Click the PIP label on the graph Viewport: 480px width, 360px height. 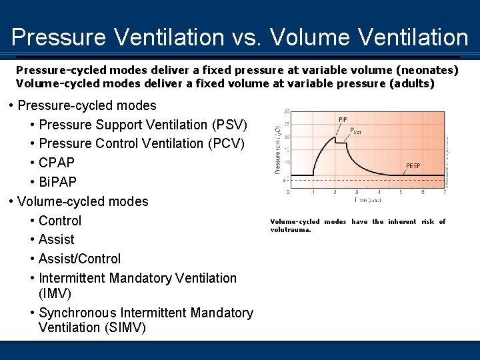click(343, 120)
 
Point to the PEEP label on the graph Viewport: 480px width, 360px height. click(413, 166)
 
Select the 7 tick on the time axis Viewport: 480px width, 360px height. click(445, 192)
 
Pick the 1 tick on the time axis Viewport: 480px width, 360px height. click(313, 192)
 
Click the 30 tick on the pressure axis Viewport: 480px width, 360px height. click(286, 111)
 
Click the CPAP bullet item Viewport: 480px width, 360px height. click(57, 163)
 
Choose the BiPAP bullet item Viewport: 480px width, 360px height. click(57, 182)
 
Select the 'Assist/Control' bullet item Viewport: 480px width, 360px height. click(80, 259)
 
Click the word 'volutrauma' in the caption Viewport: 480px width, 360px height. click(290, 230)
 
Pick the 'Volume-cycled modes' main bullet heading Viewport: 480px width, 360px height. click(83, 201)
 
